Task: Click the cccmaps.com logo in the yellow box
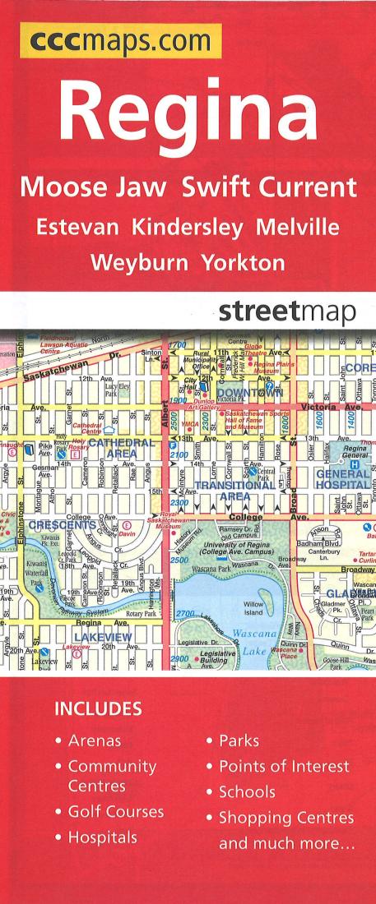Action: coord(120,40)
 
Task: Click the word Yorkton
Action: coord(244,263)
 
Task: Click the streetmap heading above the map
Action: coord(286,312)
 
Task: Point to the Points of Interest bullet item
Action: coord(284,767)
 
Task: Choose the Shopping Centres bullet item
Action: coord(285,818)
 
